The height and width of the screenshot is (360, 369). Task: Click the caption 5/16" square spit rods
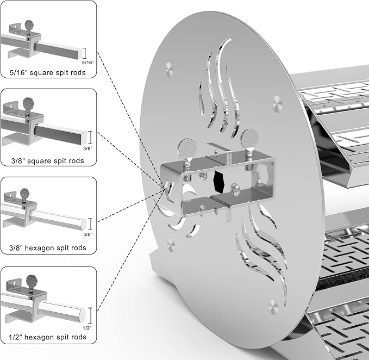coord(47,72)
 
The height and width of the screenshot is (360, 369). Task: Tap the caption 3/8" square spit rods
coord(47,161)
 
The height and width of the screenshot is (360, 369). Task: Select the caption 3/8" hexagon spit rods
coord(47,247)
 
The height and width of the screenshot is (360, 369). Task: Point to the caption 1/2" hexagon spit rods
coord(47,337)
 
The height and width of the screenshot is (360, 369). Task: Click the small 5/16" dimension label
coord(87,63)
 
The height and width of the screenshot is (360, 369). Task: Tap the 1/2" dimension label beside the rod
coord(87,328)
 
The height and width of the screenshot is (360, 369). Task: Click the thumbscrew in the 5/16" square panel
coord(29,27)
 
